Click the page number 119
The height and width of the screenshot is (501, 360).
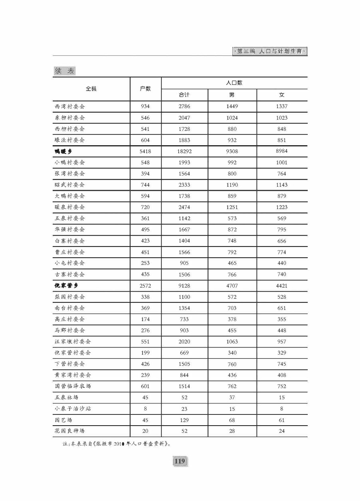(x=180, y=461)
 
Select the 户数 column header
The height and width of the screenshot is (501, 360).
(x=145, y=89)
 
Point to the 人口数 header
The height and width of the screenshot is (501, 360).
(x=234, y=83)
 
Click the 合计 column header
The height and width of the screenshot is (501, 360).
(x=184, y=95)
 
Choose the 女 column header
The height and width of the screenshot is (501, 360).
(x=282, y=95)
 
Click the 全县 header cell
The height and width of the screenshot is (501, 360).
(x=91, y=89)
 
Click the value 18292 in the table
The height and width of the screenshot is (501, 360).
(x=184, y=151)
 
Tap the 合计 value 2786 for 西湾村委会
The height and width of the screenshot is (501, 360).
(x=184, y=107)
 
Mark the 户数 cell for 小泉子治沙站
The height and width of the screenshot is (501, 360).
(x=145, y=408)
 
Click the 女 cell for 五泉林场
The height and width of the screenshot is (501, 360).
(x=282, y=397)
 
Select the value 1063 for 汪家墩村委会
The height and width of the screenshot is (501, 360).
(x=232, y=341)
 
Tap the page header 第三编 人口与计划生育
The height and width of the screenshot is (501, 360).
(x=270, y=51)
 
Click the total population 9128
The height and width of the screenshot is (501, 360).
(x=184, y=286)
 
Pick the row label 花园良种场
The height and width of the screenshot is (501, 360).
(x=69, y=431)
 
